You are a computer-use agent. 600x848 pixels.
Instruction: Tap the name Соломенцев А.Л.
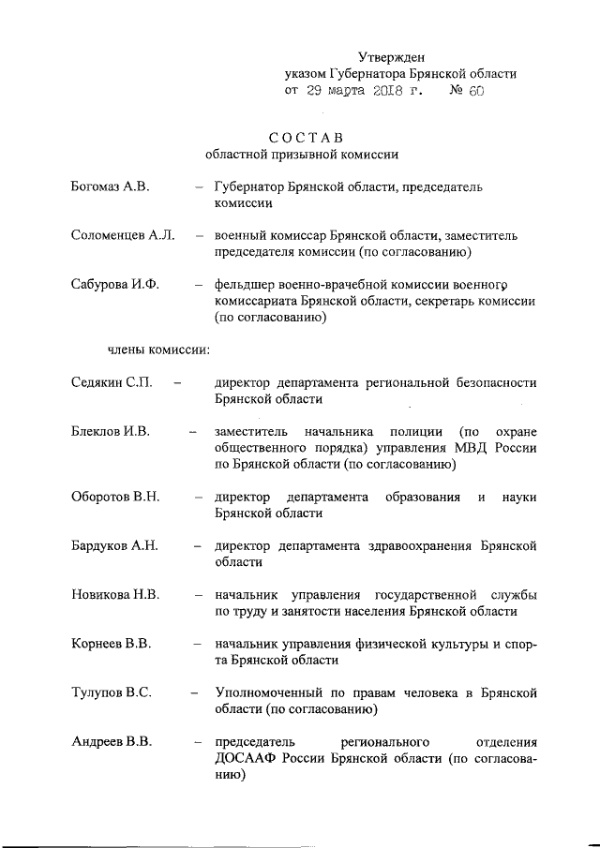tap(123, 235)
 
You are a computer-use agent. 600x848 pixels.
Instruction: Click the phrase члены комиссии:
tap(157, 350)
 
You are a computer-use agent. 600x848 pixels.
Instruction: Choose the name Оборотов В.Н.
tap(114, 496)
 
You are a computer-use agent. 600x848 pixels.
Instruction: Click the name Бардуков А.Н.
tap(115, 545)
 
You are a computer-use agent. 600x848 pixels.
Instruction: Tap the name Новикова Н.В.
tap(114, 594)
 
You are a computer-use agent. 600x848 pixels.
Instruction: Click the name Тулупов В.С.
tap(112, 692)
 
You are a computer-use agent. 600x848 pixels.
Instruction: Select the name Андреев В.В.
tap(112, 742)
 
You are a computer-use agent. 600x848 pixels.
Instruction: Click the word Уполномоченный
tap(271, 692)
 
